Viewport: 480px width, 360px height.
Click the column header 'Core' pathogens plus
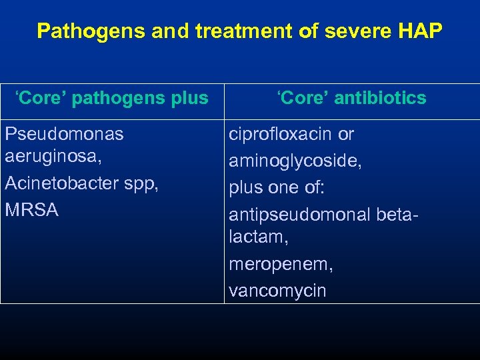pos(112,99)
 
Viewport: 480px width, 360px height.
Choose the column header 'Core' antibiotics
pos(351,99)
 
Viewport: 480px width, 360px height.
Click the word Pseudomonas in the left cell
pos(64,134)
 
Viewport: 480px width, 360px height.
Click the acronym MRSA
pos(31,210)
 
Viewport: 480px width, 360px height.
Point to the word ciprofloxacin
pos(281,134)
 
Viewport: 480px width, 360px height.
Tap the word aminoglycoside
pos(293,160)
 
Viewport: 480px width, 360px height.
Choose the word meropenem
pos(279,265)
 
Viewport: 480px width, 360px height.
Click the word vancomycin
pos(277,291)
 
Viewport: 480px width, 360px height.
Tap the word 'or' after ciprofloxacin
pos(346,134)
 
